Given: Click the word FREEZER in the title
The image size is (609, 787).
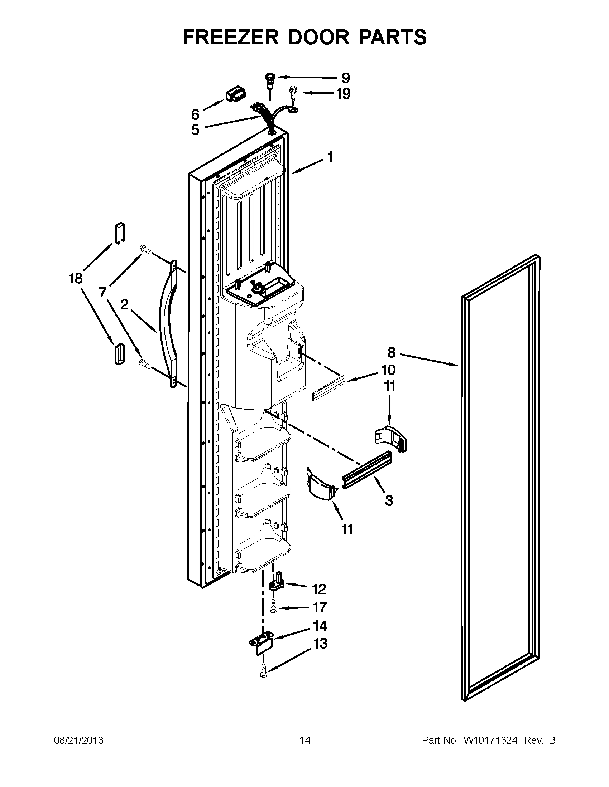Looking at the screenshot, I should pyautogui.click(x=231, y=37).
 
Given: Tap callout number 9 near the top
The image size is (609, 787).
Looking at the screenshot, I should pyautogui.click(x=345, y=78).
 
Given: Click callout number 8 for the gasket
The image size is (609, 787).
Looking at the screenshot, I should pyautogui.click(x=392, y=352).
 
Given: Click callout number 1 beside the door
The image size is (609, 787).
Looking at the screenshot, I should pyautogui.click(x=330, y=157).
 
